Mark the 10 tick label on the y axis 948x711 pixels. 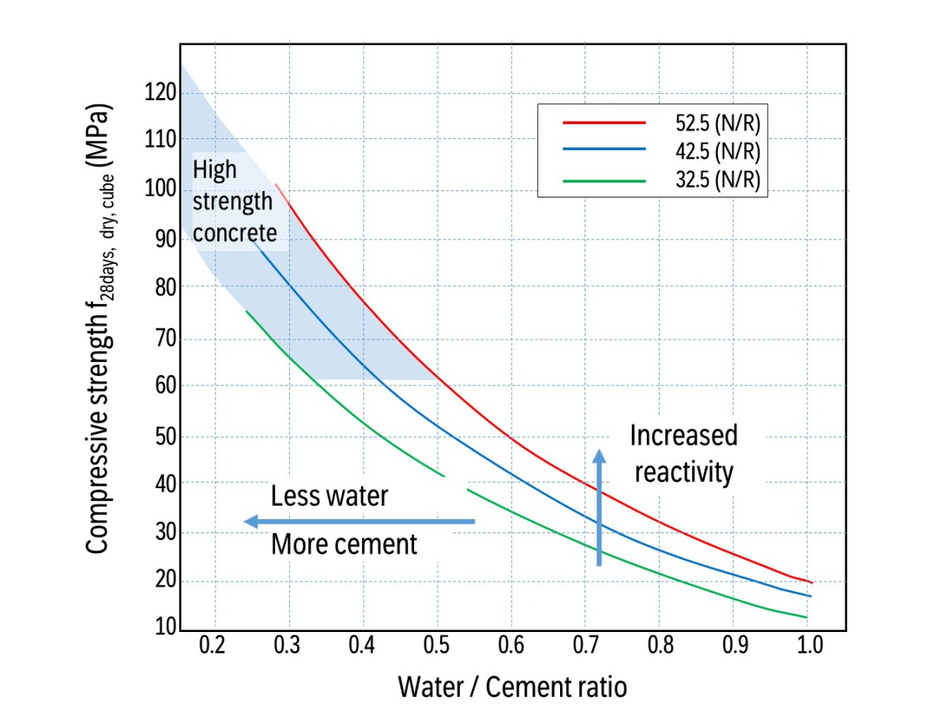(x=164, y=630)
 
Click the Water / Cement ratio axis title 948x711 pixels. (x=512, y=687)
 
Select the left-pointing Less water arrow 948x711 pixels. (x=359, y=521)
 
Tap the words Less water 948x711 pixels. (x=329, y=496)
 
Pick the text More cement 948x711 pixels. (x=344, y=544)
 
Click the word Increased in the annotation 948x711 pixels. (x=683, y=435)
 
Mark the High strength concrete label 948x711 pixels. (x=235, y=201)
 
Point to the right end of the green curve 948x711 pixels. (x=806, y=618)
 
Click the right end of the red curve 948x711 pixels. (x=811, y=582)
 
